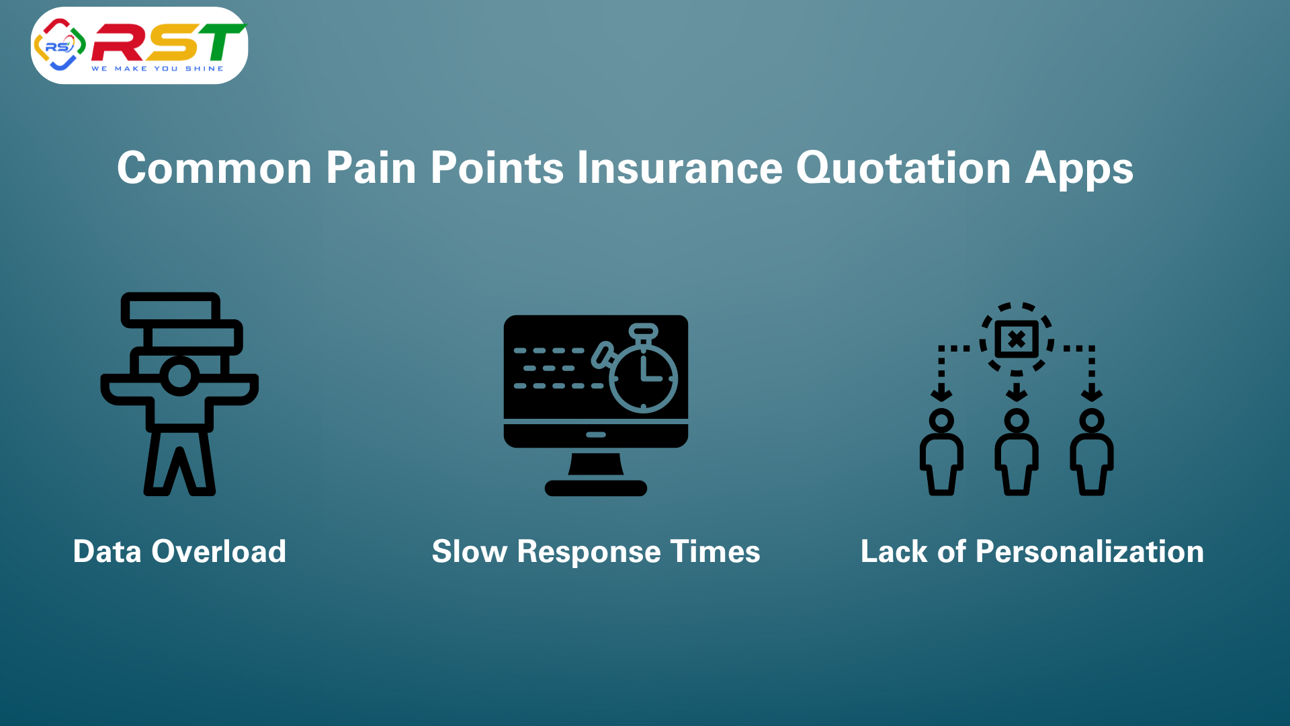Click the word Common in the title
tap(214, 167)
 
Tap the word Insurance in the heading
tap(679, 167)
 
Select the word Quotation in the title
tap(904, 167)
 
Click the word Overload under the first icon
tap(219, 551)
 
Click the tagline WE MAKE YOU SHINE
tap(158, 69)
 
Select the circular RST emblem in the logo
tap(60, 45)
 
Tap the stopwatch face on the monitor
tap(644, 378)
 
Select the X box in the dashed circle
tap(1017, 339)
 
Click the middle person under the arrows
tap(1017, 452)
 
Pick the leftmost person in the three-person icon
tap(941, 452)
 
